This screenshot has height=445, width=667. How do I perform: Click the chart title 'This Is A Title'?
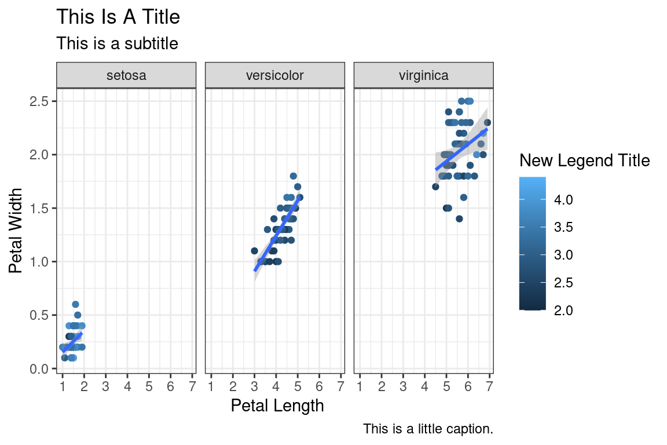point(118,17)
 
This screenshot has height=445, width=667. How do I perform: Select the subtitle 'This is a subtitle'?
point(117,43)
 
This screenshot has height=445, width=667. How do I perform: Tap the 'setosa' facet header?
point(126,75)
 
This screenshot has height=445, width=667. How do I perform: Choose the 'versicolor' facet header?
point(275,75)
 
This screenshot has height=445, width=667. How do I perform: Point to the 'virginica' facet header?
point(424,75)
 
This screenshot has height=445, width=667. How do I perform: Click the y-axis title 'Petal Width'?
point(16,230)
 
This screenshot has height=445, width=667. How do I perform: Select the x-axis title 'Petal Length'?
point(277,406)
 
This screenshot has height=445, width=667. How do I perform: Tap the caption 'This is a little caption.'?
point(428,429)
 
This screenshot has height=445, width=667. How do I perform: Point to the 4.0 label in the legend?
point(565,199)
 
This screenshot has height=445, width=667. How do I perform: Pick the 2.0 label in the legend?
point(565,311)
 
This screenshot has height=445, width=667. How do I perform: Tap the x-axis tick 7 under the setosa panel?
point(192,385)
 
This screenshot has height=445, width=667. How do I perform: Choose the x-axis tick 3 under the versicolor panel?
point(254,385)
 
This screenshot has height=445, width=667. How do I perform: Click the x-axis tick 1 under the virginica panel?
point(360,385)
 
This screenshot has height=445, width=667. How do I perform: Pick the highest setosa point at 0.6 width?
point(75,304)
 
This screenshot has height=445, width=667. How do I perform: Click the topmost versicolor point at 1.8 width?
point(293,176)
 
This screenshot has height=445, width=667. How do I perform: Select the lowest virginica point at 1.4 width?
point(459,219)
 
